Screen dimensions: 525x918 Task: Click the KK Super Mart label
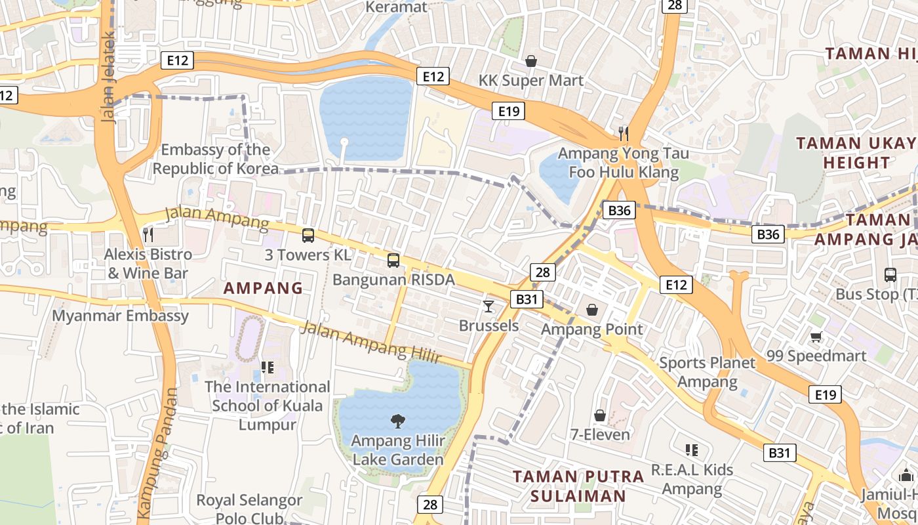(x=531, y=80)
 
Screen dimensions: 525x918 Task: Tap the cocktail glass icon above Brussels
(x=489, y=306)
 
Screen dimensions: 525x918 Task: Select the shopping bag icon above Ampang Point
(x=592, y=309)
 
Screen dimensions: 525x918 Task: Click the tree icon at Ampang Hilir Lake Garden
(x=397, y=421)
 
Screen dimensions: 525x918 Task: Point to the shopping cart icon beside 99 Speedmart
(x=816, y=337)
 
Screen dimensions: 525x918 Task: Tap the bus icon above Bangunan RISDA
(x=393, y=261)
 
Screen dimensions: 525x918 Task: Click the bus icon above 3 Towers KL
(x=308, y=236)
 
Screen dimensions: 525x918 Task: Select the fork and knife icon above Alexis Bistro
(x=148, y=234)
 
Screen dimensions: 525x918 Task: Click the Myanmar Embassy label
(x=121, y=316)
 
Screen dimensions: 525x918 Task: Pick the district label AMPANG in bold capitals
(x=263, y=288)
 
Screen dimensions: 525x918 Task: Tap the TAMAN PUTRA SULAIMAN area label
(x=578, y=486)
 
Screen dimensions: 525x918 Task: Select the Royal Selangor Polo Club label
(x=250, y=509)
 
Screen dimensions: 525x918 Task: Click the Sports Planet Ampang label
(x=707, y=372)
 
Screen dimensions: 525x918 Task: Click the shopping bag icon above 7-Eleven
(x=599, y=415)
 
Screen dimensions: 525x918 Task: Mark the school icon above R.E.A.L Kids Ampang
(x=691, y=450)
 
